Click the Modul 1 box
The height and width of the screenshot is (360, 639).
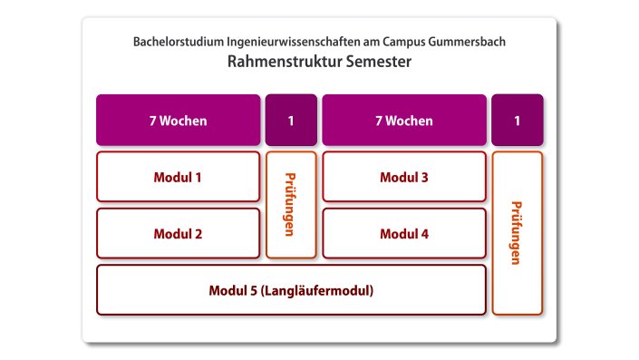pyautogui.click(x=178, y=177)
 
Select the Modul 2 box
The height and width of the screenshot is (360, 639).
pyautogui.click(x=178, y=233)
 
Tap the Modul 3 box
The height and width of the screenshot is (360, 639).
pyautogui.click(x=403, y=177)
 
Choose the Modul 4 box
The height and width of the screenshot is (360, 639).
pyautogui.click(x=403, y=233)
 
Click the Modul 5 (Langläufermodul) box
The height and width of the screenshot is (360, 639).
pyautogui.click(x=291, y=290)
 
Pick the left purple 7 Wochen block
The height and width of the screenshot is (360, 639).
pyautogui.click(x=178, y=121)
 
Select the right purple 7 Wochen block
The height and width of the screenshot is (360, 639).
pyautogui.click(x=403, y=121)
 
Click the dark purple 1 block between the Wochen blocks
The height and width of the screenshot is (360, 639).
pyautogui.click(x=291, y=121)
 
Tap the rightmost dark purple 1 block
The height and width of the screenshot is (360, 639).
pyautogui.click(x=517, y=121)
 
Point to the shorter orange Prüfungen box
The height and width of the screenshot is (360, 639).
pyautogui.click(x=291, y=205)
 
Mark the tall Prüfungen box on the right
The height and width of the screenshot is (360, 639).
pyautogui.click(x=517, y=233)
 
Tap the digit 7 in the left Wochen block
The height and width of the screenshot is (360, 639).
pyautogui.click(x=152, y=121)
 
